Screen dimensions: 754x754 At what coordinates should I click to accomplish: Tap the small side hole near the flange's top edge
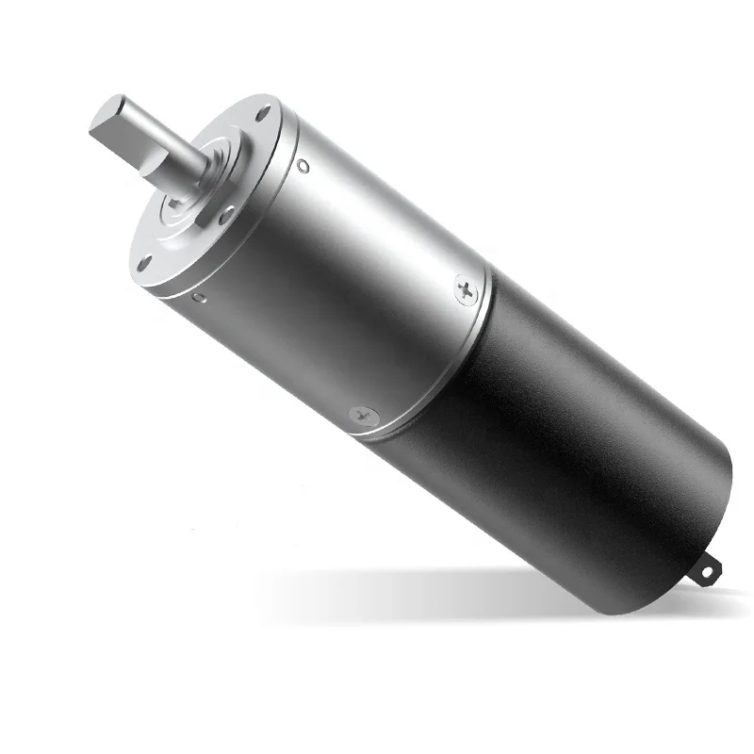click(302, 166)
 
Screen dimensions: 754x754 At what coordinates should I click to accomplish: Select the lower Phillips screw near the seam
click(364, 415)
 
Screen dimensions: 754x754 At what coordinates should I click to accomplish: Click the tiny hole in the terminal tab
click(711, 568)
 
